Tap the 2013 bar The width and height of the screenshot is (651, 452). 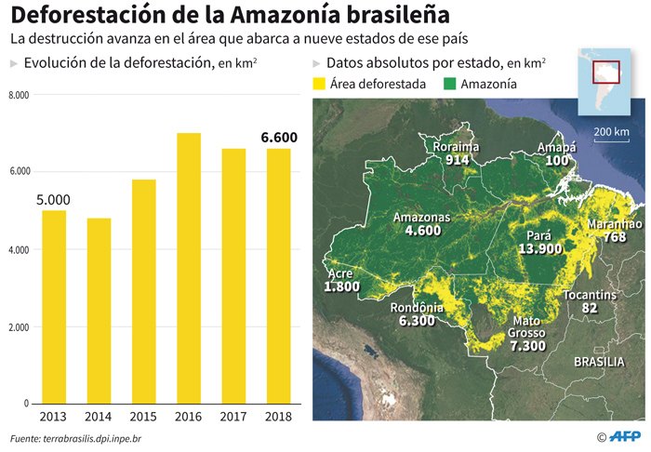click(54, 307)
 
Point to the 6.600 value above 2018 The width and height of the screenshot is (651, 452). click(279, 138)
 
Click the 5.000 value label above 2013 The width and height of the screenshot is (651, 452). click(54, 198)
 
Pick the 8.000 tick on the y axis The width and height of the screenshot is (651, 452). click(20, 95)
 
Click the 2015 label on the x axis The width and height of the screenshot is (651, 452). click(143, 417)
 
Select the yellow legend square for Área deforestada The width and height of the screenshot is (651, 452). click(318, 84)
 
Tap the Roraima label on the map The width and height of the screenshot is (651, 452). click(456, 147)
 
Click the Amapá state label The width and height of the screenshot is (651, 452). click(557, 148)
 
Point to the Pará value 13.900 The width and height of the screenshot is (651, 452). click(540, 249)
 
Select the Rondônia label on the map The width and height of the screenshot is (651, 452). click(416, 308)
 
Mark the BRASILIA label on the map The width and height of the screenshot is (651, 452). click(599, 361)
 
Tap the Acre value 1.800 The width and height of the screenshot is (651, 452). click(341, 287)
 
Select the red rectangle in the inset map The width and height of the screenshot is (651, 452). click(606, 73)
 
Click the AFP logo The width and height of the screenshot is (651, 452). click(625, 435)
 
